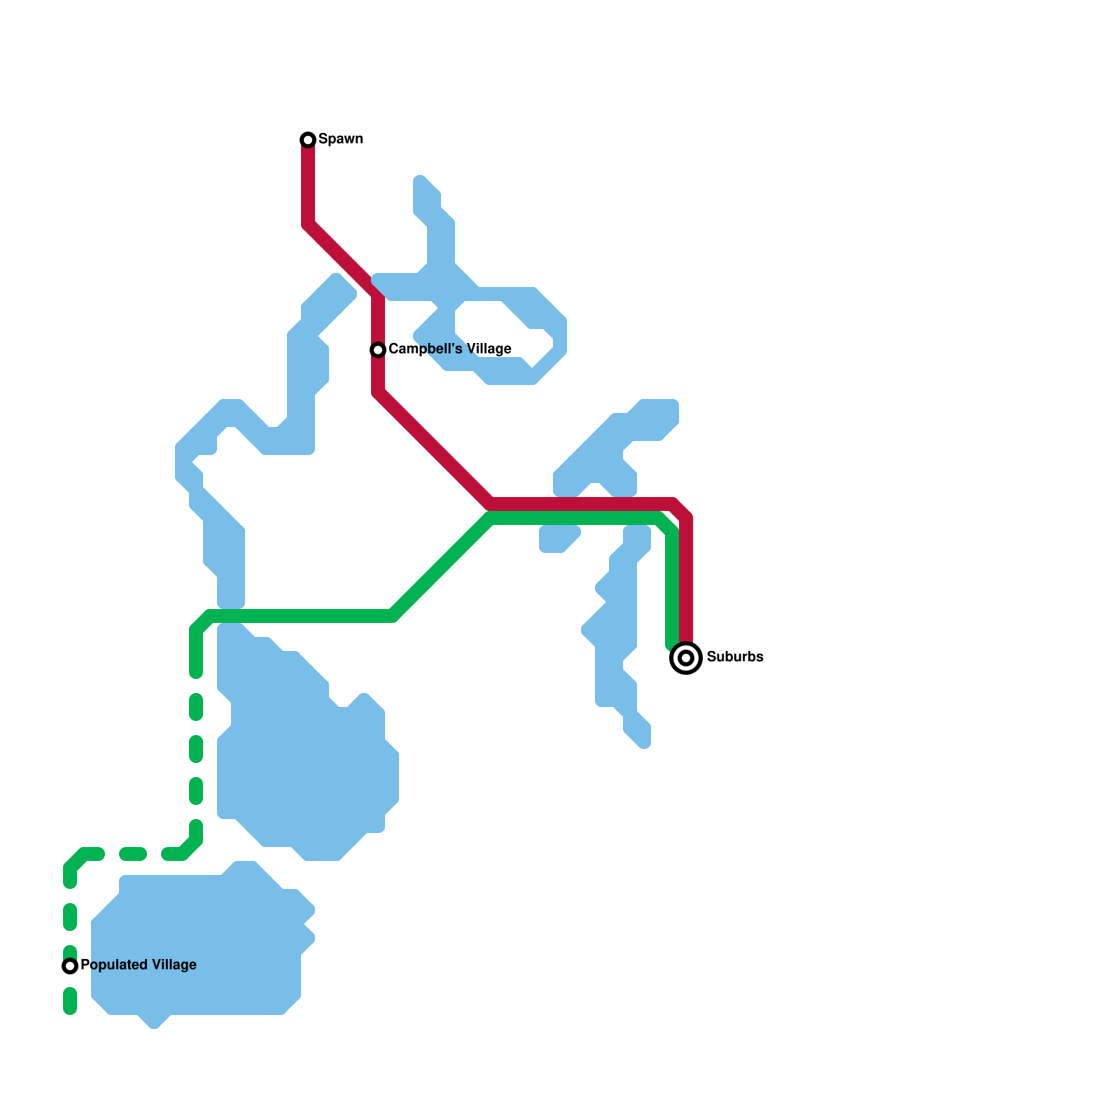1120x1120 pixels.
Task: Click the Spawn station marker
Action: pos(308,140)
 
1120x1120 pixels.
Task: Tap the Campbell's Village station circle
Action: pos(378,349)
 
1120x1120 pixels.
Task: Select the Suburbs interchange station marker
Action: pos(686,658)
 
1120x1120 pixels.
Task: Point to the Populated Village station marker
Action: pos(70,966)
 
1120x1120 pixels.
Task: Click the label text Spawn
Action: pos(340,139)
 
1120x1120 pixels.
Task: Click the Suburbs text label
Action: pos(734,657)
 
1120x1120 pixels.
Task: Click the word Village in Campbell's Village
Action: pos(490,349)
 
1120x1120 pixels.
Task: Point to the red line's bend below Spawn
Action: pos(309,225)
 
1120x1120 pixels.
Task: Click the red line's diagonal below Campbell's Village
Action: pos(434,448)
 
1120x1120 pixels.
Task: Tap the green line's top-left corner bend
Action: pos(202,622)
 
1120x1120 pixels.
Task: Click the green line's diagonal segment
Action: pos(441,567)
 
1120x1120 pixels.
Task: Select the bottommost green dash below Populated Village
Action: pos(70,1001)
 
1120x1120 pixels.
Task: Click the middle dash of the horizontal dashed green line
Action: pos(133,854)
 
